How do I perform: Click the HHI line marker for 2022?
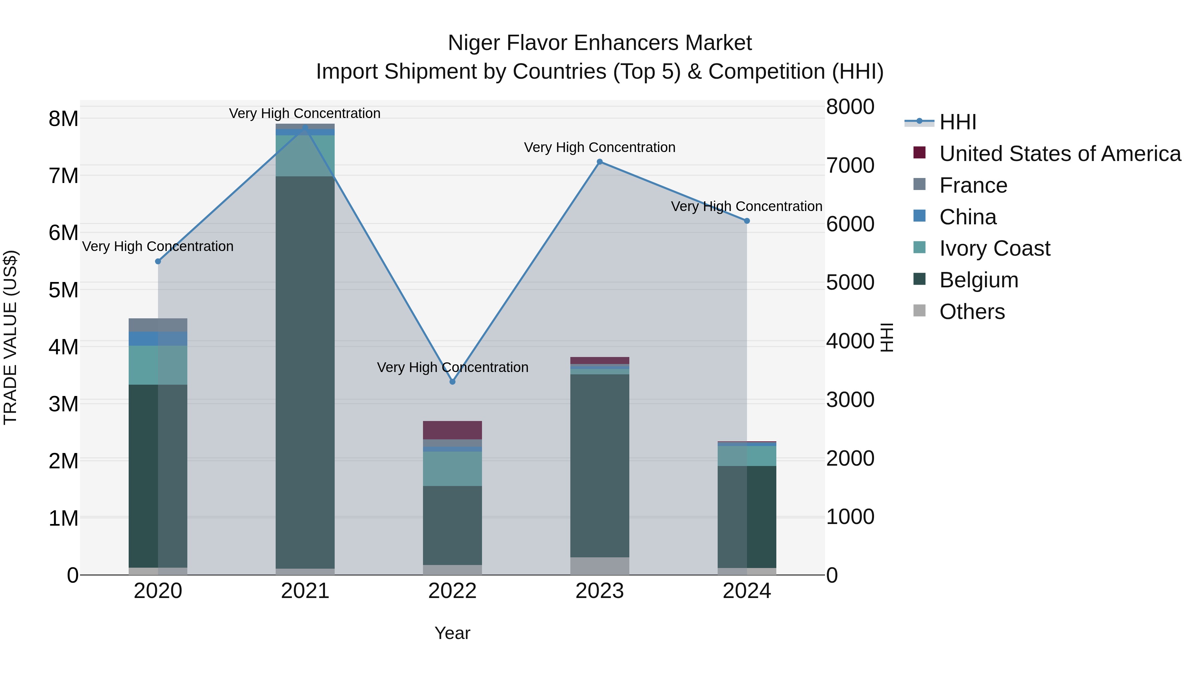pos(452,382)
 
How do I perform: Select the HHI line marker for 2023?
pos(600,162)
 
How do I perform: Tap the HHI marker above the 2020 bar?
pos(158,261)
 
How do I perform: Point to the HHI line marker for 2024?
pos(747,221)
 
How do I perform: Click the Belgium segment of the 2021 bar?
pos(305,373)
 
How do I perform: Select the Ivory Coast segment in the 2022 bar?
pos(452,469)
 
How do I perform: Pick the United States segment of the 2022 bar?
pos(452,430)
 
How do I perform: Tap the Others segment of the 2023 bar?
pos(600,566)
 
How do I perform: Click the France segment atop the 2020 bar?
pos(158,325)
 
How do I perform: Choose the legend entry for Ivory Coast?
pos(995,248)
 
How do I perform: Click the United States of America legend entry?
pos(1060,154)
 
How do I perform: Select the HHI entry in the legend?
pos(957,122)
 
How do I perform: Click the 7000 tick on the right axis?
pos(850,165)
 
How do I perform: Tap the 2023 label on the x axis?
pos(600,591)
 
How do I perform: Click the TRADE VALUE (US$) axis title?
pos(10,337)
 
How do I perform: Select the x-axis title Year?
pos(452,633)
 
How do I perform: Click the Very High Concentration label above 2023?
pos(600,147)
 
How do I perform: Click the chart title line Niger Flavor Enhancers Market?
pos(600,43)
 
